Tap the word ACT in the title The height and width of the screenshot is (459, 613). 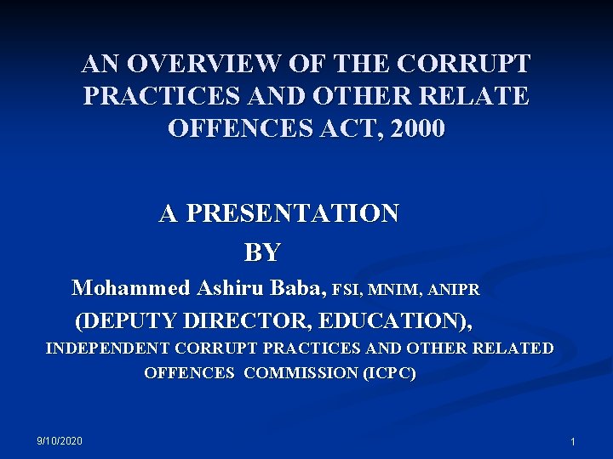(345, 129)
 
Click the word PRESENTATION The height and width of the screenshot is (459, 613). (291, 213)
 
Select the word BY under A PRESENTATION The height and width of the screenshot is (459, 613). (262, 252)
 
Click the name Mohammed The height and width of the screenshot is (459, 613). (131, 288)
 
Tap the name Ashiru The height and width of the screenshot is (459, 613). (231, 288)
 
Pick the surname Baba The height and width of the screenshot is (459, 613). (297, 288)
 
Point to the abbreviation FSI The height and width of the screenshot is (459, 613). (347, 290)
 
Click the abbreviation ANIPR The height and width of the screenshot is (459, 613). (455, 290)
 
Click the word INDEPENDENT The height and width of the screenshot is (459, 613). (107, 348)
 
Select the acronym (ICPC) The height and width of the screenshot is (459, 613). (389, 372)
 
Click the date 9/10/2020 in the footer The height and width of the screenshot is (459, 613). (60, 440)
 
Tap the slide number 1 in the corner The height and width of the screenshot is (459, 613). (573, 442)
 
